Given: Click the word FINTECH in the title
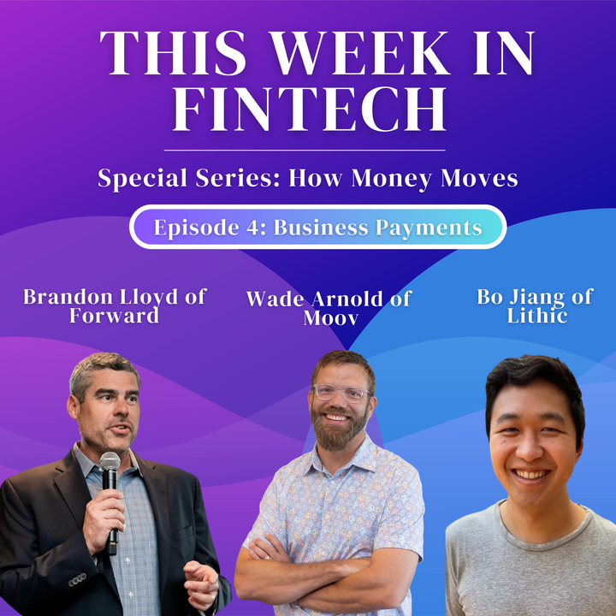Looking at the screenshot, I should (308, 110).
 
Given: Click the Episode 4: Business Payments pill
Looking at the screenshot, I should (317, 228).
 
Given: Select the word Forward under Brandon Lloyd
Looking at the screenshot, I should (115, 316).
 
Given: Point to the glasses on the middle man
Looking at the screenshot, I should (341, 394).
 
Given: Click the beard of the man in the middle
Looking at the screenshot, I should (341, 431).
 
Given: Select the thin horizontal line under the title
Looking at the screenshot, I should (308, 150).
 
